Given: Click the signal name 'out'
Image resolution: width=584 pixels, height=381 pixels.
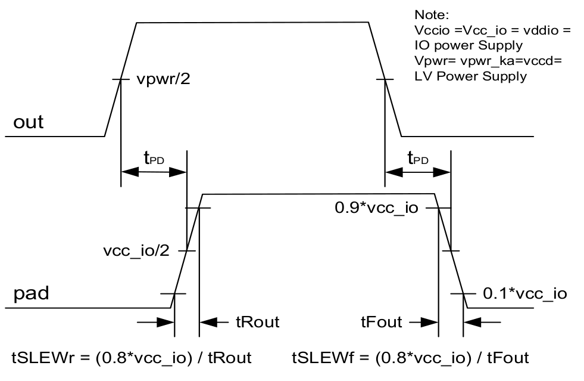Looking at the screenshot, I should (x=29, y=122).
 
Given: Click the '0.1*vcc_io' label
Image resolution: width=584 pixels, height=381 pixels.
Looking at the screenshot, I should (x=524, y=293).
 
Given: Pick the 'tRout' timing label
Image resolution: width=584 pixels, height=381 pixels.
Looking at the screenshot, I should (x=257, y=323).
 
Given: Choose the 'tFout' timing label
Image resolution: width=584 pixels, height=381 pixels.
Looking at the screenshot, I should (x=381, y=323).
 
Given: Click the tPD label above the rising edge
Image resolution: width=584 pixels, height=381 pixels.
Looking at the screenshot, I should (x=154, y=157).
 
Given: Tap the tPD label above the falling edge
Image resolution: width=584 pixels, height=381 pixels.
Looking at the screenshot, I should (x=417, y=157).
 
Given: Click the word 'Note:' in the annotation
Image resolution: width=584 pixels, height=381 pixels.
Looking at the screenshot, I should (x=427, y=14).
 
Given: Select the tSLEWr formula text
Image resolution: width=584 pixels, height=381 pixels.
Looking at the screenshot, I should (x=132, y=358).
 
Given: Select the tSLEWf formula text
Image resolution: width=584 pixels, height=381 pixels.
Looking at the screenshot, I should (x=410, y=358).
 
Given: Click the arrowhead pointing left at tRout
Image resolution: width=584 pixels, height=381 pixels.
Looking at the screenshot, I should (x=207, y=323).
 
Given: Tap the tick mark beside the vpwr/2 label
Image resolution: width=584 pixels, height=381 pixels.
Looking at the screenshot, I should (x=121, y=79).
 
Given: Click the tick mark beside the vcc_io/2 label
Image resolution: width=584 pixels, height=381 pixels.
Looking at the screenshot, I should (x=187, y=250).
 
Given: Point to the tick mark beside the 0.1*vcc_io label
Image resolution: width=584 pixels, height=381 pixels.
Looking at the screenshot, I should (x=463, y=293).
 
